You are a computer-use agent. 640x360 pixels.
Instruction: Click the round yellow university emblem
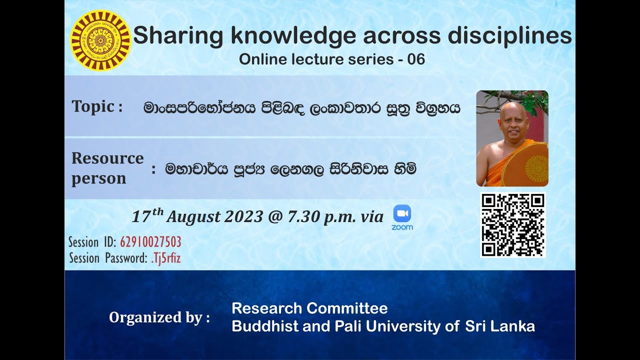tap(100, 40)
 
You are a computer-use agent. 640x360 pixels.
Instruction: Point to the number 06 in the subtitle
tap(416, 59)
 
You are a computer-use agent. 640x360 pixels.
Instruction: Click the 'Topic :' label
tap(97, 106)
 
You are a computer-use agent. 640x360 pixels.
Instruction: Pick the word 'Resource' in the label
tap(107, 158)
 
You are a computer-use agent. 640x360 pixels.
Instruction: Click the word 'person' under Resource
tap(98, 178)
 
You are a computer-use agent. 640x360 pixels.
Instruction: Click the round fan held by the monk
tap(526, 164)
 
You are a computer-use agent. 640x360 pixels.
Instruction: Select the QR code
tap(512, 225)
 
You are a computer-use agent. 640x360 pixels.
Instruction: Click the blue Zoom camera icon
tap(402, 213)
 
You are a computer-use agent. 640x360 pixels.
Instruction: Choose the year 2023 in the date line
tap(243, 216)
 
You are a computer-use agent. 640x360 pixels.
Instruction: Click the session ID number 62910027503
tap(150, 242)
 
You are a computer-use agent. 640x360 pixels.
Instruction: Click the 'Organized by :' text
tap(159, 317)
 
